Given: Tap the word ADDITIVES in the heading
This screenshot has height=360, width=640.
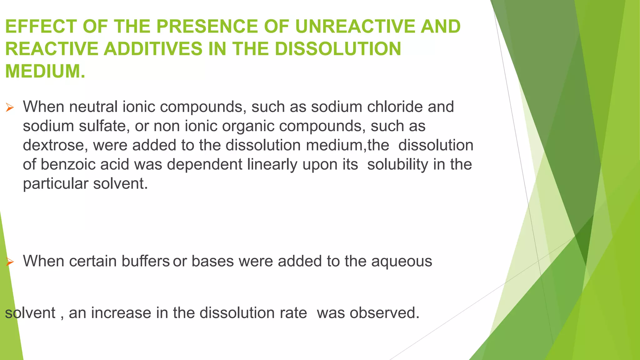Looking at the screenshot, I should coord(153,49).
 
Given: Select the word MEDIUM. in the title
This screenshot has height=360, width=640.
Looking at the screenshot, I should coord(45,71).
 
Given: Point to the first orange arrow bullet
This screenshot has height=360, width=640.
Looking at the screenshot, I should coord(10,108).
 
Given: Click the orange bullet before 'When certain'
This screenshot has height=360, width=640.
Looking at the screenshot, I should coord(10,262).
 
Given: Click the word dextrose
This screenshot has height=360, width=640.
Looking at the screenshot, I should coord(55,146).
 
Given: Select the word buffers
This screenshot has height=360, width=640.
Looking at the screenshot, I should coord(146,261).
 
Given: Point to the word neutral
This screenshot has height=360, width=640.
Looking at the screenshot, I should coord(93,107).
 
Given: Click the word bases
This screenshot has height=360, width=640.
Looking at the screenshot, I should coord(212,261).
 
